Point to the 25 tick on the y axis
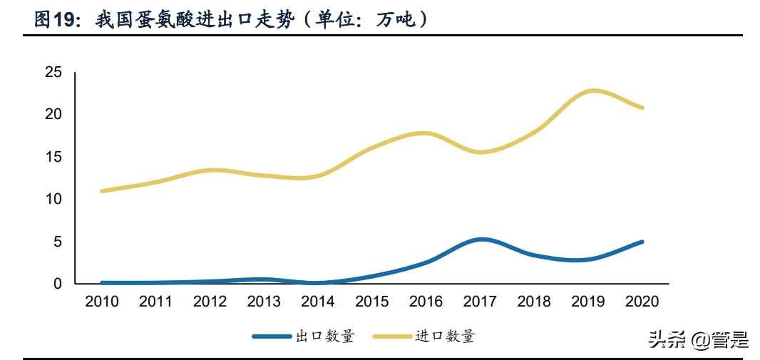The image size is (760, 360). pos(53,72)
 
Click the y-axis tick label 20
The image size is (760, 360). pos(53,114)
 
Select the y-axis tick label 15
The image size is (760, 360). pos(53,157)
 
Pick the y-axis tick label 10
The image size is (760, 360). pos(53,199)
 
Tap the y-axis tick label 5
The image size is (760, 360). pos(58,242)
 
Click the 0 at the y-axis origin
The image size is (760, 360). pos(58,284)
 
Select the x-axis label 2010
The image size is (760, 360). pos(102,302)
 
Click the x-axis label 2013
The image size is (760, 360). pos(264,302)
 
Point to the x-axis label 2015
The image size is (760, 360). pos(372,302)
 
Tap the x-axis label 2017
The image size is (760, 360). pos(481,302)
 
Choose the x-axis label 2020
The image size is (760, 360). pos(642,302)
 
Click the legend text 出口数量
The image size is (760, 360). pos(324,336)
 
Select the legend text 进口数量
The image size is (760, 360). pos(445,336)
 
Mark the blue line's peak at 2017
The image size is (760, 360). pos(483,240)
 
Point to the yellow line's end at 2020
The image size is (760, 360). pos(642,108)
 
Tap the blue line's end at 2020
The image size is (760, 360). pos(642,242)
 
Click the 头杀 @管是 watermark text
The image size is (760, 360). pos(698,341)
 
